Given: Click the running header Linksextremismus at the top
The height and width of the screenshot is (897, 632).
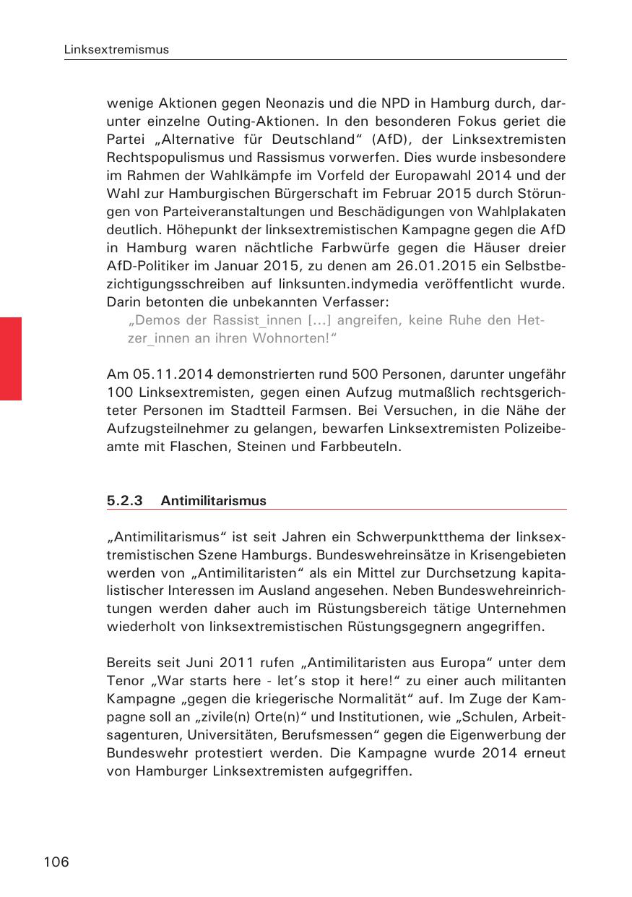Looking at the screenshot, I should click(x=116, y=50).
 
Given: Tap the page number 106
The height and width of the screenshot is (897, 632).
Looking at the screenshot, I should click(x=56, y=862).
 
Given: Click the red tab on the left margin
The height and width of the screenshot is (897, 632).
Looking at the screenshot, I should click(x=11, y=358).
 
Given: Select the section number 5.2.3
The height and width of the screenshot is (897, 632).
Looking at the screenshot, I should click(x=125, y=501).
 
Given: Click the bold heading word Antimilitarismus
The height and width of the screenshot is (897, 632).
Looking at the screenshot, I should click(x=214, y=501).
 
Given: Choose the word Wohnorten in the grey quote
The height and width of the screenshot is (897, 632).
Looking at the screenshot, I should click(x=290, y=338).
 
